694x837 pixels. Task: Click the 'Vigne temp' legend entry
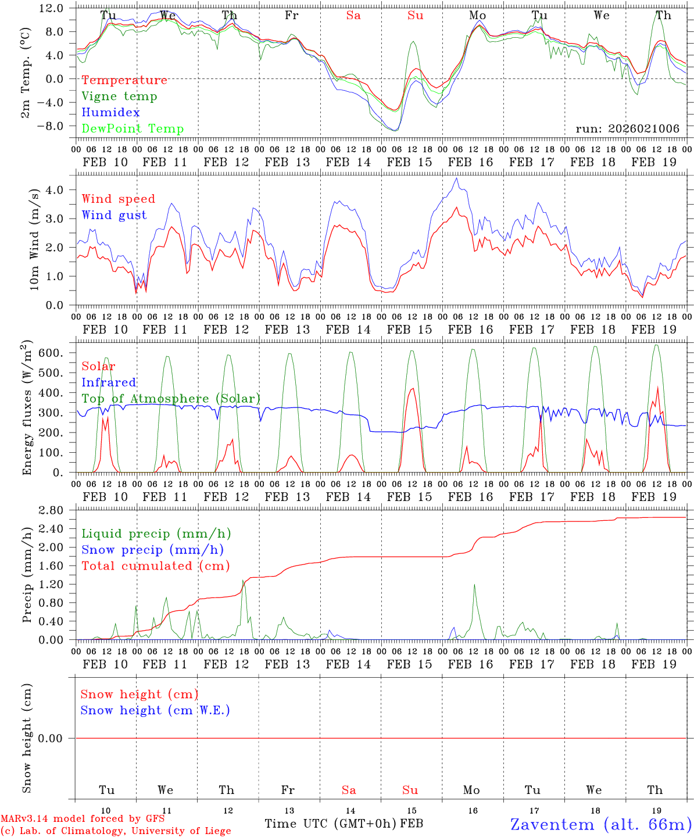(x=119, y=96)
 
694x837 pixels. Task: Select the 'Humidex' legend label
(x=110, y=113)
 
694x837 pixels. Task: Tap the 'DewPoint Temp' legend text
(x=133, y=129)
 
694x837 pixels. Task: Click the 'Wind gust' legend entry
(x=114, y=215)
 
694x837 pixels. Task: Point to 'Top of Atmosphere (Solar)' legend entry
(x=171, y=399)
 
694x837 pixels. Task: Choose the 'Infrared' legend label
(x=109, y=382)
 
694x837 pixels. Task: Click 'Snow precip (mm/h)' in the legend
(x=152, y=550)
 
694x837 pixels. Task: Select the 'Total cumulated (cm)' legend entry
(x=156, y=566)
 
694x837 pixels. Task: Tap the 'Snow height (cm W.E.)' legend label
(x=155, y=710)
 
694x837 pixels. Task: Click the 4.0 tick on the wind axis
(x=56, y=189)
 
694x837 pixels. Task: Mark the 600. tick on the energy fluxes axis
(x=52, y=353)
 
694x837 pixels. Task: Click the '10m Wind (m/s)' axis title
(x=34, y=238)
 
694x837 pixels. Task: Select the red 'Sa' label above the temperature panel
(x=353, y=16)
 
